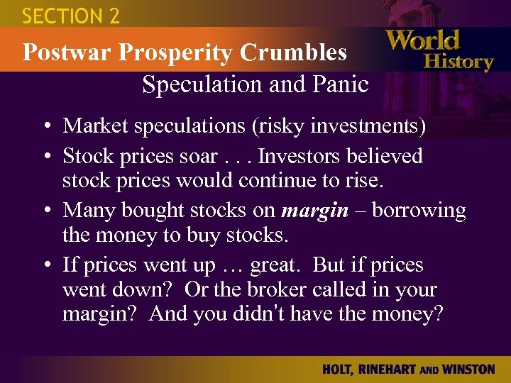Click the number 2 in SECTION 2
113,16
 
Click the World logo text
423,40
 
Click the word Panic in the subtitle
340,84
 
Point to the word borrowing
419,211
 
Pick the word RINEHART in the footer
392,370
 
